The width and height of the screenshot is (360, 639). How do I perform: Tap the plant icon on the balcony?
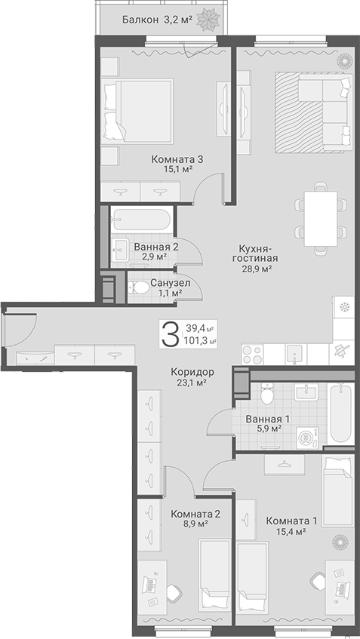(208, 18)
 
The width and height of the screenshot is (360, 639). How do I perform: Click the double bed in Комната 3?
(139, 111)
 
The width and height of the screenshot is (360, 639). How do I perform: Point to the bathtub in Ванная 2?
(141, 220)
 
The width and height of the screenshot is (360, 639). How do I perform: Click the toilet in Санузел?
(139, 288)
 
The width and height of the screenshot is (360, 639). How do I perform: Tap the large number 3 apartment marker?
(171, 333)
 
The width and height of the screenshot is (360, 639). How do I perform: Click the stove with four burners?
(252, 355)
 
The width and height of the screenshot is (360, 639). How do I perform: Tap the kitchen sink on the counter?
(294, 354)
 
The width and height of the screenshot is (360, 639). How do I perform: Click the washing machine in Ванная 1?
(306, 438)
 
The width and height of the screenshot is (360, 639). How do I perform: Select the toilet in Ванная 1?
(267, 393)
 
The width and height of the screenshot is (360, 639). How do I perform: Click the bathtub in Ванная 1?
(340, 414)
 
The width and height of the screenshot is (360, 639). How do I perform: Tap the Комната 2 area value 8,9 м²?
(195, 524)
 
